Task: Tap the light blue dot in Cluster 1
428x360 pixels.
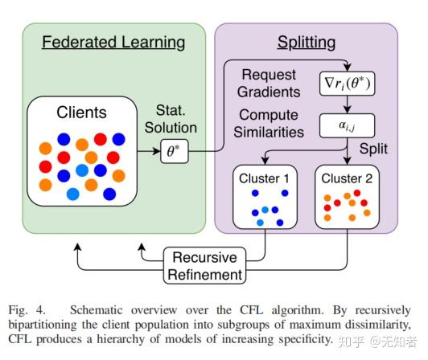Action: [260, 222]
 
